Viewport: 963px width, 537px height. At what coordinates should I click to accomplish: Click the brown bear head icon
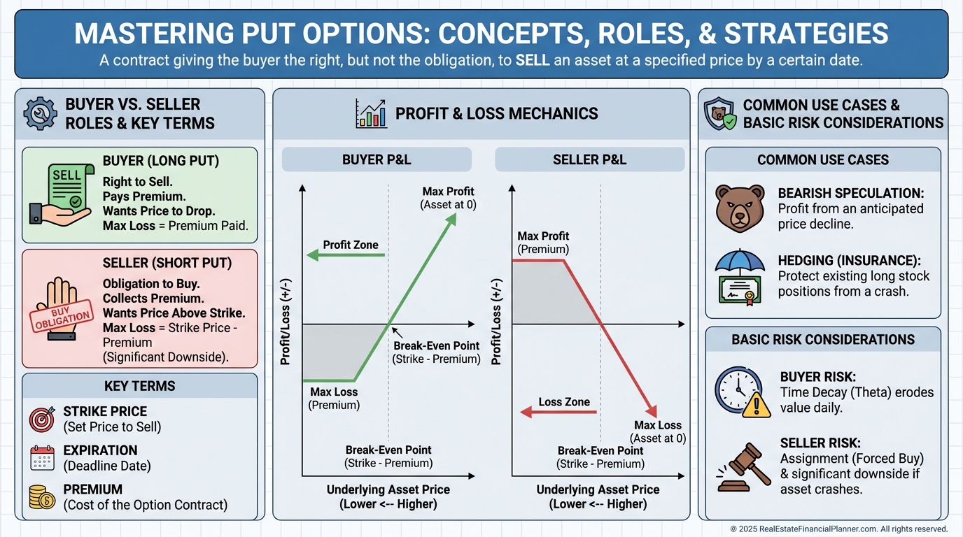[x=740, y=208]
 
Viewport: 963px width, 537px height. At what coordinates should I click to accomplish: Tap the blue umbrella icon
[x=740, y=262]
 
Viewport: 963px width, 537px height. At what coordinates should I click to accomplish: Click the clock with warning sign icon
[x=743, y=392]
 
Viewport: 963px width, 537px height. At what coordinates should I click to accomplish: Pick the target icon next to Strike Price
[x=42, y=420]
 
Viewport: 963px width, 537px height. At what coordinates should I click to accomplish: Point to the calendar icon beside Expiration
[x=42, y=458]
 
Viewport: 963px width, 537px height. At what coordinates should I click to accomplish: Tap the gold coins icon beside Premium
[x=42, y=497]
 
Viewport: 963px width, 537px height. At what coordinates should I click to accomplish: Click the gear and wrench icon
[x=40, y=113]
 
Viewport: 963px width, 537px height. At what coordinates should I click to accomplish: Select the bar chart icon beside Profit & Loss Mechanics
[x=372, y=113]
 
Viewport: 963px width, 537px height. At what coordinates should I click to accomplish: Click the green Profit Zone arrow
[x=346, y=255]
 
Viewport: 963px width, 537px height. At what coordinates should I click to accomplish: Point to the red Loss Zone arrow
[x=558, y=413]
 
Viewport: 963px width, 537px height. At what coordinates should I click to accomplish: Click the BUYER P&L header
[x=377, y=160]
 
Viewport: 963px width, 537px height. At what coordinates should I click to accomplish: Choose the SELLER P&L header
[x=589, y=160]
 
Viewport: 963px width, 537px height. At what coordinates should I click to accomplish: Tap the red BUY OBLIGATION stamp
[x=62, y=316]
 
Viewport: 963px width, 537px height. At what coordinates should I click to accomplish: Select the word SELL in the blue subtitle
[x=533, y=60]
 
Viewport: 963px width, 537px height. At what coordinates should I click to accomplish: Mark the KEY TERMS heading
[x=140, y=386]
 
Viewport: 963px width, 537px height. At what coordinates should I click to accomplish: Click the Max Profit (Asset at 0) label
[x=449, y=198]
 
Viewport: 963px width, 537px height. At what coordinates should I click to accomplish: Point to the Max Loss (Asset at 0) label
[x=658, y=431]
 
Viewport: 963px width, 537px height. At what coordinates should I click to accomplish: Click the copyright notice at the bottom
[x=838, y=529]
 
